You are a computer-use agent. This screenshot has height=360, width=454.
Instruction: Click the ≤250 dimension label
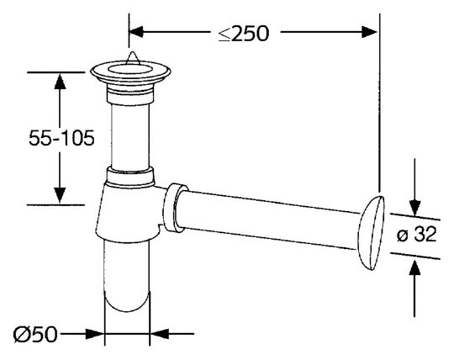point(244,34)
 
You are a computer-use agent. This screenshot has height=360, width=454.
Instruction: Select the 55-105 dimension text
point(61,138)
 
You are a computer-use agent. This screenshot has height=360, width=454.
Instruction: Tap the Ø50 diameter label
point(35,334)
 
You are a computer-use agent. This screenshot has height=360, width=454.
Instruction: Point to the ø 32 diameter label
point(417,235)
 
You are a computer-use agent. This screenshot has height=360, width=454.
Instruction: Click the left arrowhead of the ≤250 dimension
point(136,32)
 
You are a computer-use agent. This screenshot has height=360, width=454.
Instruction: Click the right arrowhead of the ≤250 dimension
point(369,32)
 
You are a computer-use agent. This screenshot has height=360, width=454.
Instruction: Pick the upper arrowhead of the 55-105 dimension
point(60,82)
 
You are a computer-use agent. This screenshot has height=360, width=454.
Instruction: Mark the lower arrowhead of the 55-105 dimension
point(60,195)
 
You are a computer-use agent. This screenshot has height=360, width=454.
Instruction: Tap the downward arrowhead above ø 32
point(415,208)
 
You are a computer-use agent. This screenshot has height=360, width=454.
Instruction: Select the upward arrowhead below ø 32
point(415,268)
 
